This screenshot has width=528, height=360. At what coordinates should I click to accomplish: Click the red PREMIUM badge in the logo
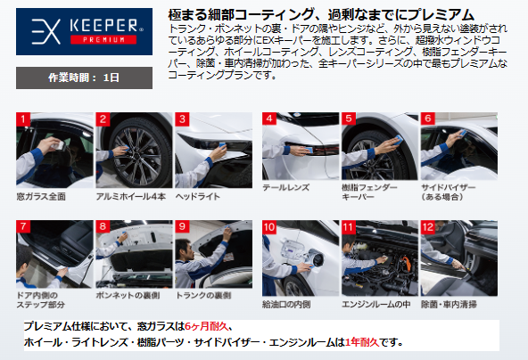[x=103, y=39]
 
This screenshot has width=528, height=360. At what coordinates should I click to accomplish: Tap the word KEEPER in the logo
[x=103, y=26]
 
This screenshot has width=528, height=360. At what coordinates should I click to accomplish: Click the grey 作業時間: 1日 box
[x=84, y=78]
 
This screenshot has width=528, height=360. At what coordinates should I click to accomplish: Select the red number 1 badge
[x=23, y=119]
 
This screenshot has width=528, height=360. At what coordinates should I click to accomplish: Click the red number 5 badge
[x=349, y=119]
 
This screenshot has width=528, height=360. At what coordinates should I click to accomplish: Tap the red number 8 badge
[x=103, y=226]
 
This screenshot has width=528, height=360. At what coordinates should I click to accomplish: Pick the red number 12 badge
[x=428, y=227]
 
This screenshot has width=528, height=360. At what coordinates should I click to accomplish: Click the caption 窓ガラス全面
[x=41, y=197]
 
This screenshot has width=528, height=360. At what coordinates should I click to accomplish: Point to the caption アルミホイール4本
[x=130, y=197]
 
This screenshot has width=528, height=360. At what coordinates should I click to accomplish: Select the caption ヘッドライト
[x=198, y=197]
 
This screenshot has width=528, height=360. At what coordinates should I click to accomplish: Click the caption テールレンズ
[x=286, y=187]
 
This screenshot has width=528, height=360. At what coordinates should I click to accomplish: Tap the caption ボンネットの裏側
[x=128, y=295]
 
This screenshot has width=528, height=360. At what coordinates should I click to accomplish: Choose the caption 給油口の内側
[x=286, y=304]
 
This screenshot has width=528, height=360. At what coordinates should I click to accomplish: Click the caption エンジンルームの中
[x=376, y=304]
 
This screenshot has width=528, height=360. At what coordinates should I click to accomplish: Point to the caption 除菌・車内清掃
[x=449, y=304]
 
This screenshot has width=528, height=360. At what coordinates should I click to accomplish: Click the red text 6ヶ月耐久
[x=206, y=326]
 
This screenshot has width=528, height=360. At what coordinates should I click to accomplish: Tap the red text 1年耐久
[x=362, y=342]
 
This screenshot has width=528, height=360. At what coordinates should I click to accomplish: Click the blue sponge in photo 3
[x=222, y=145]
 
